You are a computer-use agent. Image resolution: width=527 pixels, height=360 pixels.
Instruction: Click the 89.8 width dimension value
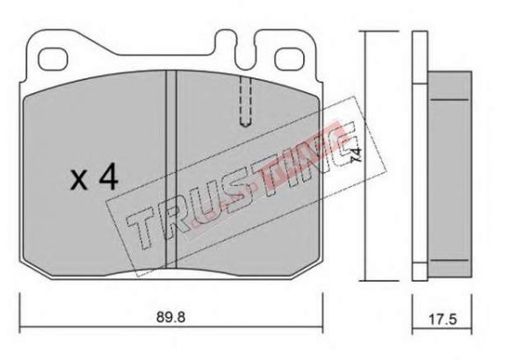(x=170, y=317)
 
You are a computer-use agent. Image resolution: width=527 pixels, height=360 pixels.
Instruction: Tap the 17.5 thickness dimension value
(x=443, y=320)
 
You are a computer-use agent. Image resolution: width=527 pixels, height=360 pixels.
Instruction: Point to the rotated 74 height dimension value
(x=357, y=155)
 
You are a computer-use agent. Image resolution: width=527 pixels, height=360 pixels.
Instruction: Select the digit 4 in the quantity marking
(x=108, y=178)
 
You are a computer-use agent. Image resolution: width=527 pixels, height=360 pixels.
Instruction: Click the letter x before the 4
(x=79, y=180)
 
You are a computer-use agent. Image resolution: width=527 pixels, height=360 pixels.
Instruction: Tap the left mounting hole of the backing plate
(x=53, y=60)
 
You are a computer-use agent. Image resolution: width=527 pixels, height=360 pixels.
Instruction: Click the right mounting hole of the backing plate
(x=289, y=59)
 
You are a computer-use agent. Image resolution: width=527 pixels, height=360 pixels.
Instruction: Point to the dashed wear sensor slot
(x=246, y=101)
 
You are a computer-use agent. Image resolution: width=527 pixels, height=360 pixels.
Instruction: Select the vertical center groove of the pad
(x=171, y=169)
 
